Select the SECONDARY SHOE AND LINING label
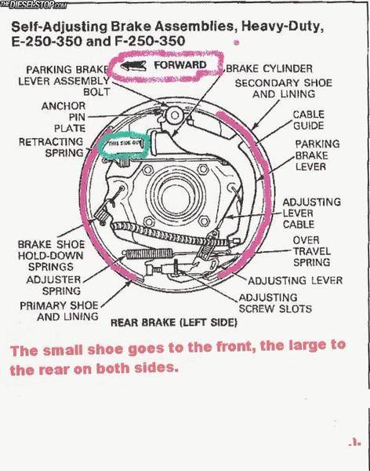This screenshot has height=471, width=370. [283, 88]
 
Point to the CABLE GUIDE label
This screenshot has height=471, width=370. [308, 119]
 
